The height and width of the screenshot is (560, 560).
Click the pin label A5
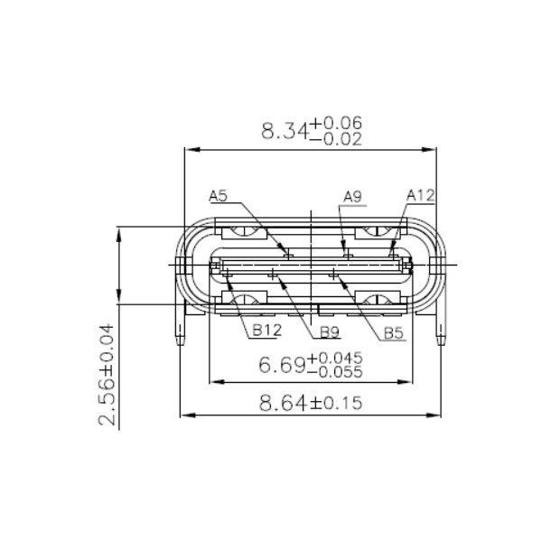[219, 194]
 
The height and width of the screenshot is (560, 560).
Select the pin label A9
[352, 196]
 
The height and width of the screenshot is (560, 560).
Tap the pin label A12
[420, 194]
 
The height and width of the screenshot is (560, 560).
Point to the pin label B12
[266, 331]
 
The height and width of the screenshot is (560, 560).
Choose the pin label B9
[330, 331]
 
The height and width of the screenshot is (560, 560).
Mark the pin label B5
[393, 333]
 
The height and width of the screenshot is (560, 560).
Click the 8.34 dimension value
[284, 131]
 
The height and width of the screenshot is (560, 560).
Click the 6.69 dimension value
[283, 366]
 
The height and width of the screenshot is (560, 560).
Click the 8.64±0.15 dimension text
[311, 403]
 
